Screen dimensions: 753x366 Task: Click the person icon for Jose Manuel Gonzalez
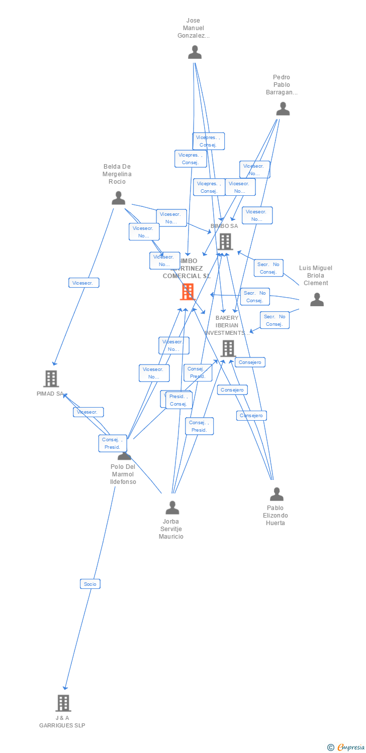pyautogui.click(x=195, y=52)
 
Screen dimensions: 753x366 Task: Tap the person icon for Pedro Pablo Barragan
pyautogui.click(x=283, y=109)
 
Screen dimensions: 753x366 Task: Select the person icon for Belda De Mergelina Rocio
pyautogui.click(x=118, y=198)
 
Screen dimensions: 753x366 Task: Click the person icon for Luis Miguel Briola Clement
pyautogui.click(x=317, y=300)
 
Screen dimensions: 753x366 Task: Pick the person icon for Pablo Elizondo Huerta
pyautogui.click(x=277, y=494)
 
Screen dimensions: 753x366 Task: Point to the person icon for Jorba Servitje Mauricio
pyautogui.click(x=172, y=508)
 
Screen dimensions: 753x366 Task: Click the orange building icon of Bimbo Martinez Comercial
pyautogui.click(x=188, y=292)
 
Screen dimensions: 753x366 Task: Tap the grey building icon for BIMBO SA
pyautogui.click(x=225, y=242)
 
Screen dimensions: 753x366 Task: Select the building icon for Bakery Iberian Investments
pyautogui.click(x=228, y=348)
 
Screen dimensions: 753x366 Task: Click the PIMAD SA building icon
pyautogui.click(x=51, y=379)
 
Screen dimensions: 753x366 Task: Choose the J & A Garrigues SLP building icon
pyautogui.click(x=63, y=703)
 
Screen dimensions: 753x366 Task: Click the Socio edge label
pyautogui.click(x=90, y=584)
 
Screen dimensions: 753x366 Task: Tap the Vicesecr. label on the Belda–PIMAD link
pyautogui.click(x=84, y=283)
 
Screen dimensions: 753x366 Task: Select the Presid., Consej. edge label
pyautogui.click(x=178, y=400)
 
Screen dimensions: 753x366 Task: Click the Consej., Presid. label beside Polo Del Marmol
pyautogui.click(x=113, y=443)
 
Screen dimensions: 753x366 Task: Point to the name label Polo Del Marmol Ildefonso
pyautogui.click(x=123, y=474)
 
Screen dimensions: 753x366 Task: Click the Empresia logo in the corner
pyautogui.click(x=346, y=747)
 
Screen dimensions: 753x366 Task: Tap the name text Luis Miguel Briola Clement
pyautogui.click(x=316, y=276)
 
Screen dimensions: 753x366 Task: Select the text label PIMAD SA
pyautogui.click(x=50, y=394)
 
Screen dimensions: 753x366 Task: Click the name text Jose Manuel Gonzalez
pyautogui.click(x=193, y=28)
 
